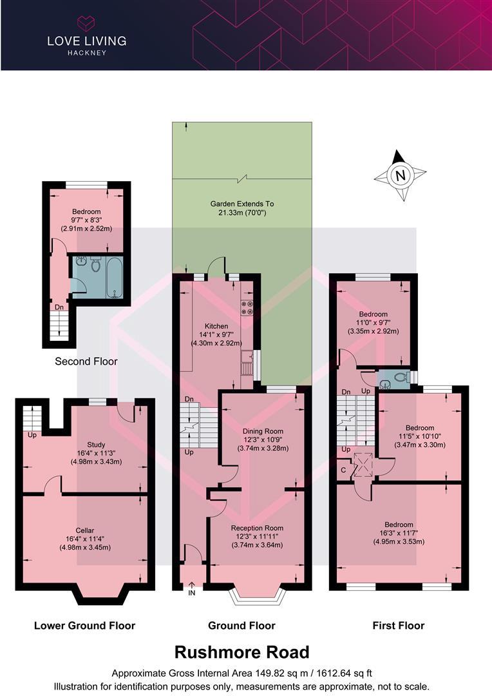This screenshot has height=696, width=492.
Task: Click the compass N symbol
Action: tap(401, 175)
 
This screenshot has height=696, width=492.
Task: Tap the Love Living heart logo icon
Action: tap(86, 24)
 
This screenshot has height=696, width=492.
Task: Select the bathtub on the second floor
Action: tap(114, 276)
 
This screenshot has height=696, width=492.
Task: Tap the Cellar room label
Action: tap(84, 530)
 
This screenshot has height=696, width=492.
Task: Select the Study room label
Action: tap(96, 444)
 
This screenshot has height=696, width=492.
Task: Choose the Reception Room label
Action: tap(257, 528)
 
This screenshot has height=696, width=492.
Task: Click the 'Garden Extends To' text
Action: tap(241, 204)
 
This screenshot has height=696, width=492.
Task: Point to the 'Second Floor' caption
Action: tap(86, 362)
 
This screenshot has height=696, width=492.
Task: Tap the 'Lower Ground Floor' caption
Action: tap(84, 625)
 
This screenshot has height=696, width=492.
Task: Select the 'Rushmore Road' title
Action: tap(241, 652)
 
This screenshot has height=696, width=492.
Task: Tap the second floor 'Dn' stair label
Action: tap(59, 307)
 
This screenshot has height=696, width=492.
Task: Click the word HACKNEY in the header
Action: tap(86, 53)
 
